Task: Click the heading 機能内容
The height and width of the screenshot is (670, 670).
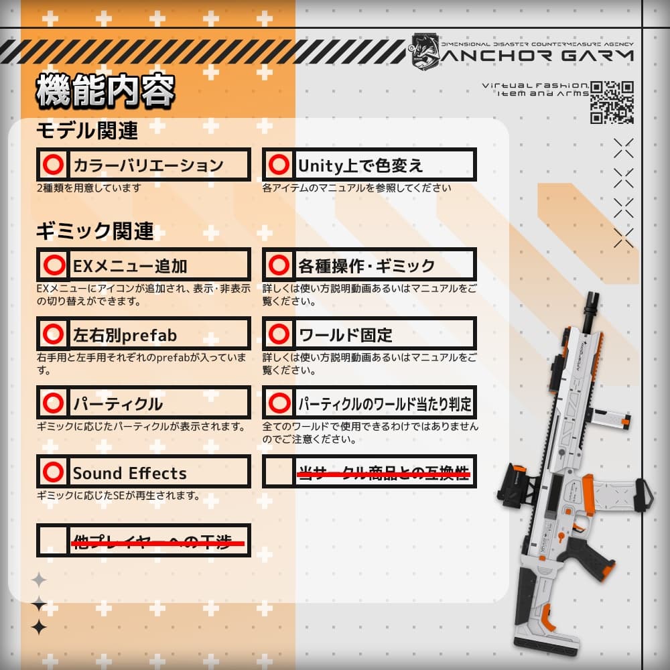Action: (x=105, y=91)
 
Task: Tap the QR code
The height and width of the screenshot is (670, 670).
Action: (x=612, y=102)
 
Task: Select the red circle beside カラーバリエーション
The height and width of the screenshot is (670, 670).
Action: (x=53, y=165)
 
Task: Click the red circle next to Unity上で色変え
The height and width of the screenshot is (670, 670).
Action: (x=278, y=165)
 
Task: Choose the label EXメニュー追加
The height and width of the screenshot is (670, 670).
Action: (x=130, y=266)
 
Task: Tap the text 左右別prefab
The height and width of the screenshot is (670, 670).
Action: (x=125, y=334)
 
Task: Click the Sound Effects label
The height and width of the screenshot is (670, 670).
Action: (x=129, y=473)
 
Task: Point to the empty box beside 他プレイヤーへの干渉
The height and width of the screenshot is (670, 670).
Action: (x=53, y=541)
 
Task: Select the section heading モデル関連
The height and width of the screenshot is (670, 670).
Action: (x=86, y=131)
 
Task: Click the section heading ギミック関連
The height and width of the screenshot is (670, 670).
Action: (x=94, y=232)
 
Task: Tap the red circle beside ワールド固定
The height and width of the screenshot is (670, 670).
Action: (x=278, y=334)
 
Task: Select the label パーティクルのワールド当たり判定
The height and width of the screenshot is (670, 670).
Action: (x=385, y=404)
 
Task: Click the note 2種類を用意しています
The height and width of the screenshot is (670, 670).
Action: (x=89, y=188)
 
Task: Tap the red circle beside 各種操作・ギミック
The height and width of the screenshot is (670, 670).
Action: (x=278, y=265)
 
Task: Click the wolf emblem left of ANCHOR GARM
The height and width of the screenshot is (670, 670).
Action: (x=424, y=50)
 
